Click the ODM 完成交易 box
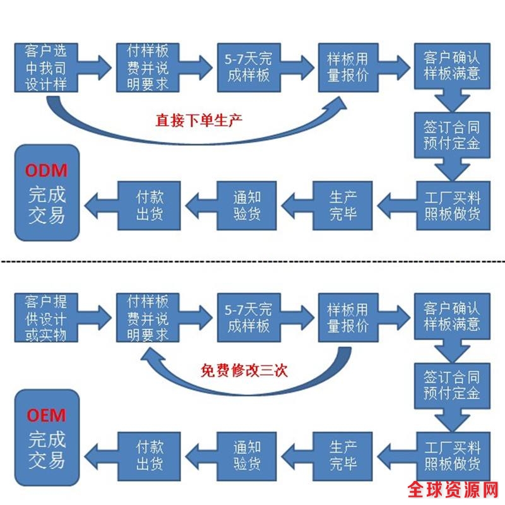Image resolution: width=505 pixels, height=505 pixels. pos(47,193)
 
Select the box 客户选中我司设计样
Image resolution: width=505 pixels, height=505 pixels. pos(45,68)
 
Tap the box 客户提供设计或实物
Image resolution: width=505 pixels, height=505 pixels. pos(45,318)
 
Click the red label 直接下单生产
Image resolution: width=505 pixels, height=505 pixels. pos(199,119)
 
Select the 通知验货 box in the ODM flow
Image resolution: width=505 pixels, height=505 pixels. pos(247,205)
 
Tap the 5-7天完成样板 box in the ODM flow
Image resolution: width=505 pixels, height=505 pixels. pos(247,66)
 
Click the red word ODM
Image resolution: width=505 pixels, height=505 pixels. pos(46,170)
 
